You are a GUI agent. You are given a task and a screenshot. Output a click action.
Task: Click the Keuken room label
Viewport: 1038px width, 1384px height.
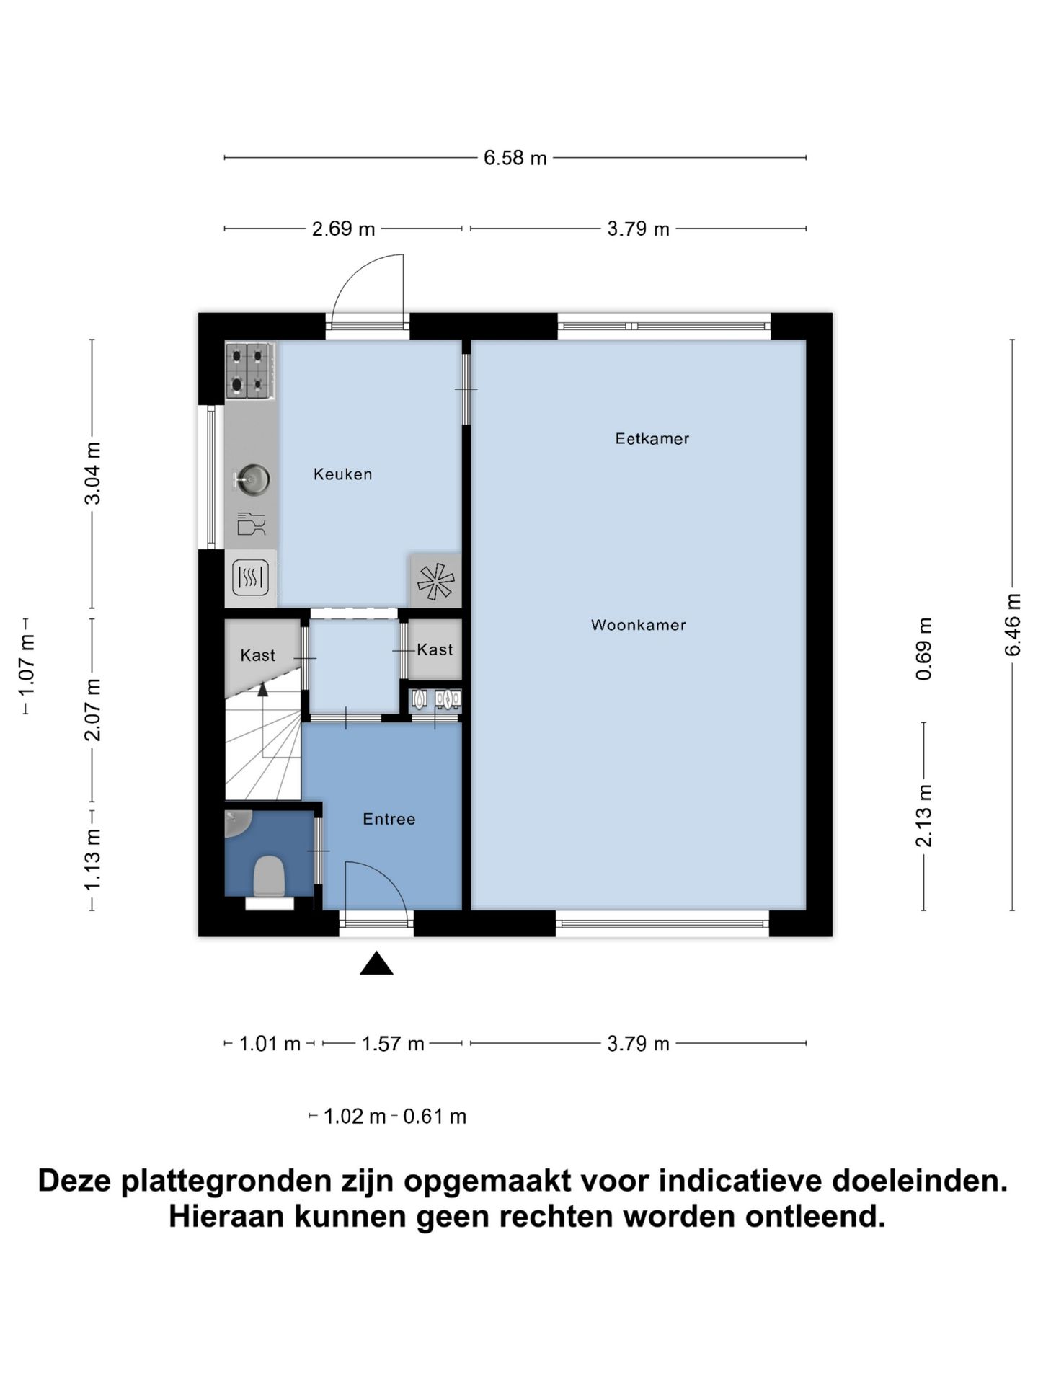[x=342, y=474]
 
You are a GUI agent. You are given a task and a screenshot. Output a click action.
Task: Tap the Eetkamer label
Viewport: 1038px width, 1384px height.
[x=652, y=438]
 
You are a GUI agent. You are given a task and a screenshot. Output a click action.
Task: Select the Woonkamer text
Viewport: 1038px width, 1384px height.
[x=638, y=625]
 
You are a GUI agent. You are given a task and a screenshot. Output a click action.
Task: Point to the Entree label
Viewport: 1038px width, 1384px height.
[x=389, y=819]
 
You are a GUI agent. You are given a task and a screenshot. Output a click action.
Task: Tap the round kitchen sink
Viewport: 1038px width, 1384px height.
[x=254, y=479]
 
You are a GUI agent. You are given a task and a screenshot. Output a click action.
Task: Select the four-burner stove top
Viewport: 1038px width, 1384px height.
[x=249, y=371]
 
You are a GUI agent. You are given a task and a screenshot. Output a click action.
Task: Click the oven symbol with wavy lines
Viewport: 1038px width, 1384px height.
[x=250, y=577]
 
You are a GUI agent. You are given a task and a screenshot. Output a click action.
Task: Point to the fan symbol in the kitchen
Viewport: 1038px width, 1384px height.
[x=435, y=581]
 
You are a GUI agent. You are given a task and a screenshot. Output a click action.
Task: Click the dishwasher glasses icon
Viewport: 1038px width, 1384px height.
[x=251, y=523]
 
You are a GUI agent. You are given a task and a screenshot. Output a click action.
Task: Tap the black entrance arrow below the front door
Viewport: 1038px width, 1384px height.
[x=376, y=964]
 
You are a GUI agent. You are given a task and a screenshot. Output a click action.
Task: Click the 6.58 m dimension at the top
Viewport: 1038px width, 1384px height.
[x=515, y=158]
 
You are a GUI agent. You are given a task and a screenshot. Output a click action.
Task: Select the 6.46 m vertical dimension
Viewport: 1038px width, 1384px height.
[x=1013, y=624]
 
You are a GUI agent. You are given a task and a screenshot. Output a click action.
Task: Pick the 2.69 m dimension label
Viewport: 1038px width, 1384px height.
[x=343, y=229]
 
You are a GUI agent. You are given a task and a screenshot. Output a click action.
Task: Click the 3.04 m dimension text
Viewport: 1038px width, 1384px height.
[x=92, y=474]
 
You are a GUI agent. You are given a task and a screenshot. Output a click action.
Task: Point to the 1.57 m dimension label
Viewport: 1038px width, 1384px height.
[x=392, y=1044]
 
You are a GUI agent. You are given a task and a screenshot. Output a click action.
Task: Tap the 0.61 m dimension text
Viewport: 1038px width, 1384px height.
[x=434, y=1117]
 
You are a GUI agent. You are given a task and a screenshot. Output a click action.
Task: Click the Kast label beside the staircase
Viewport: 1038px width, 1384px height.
[x=257, y=655]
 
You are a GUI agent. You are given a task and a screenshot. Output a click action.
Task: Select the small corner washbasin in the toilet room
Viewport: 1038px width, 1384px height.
[x=236, y=823]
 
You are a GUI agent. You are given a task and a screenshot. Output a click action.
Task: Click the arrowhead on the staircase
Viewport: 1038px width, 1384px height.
[x=262, y=690]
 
